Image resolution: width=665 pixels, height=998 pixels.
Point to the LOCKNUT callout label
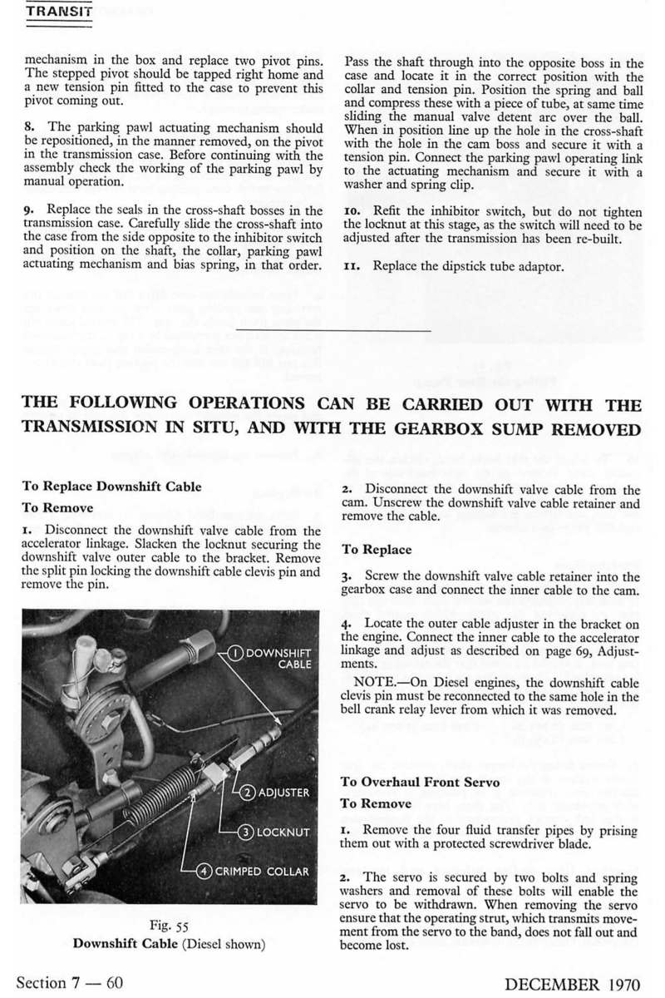click(283, 832)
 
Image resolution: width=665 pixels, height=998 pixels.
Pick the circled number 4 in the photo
click(204, 872)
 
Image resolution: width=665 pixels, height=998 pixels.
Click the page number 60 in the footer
click(115, 983)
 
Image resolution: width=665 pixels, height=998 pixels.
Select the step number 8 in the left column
click(28, 128)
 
